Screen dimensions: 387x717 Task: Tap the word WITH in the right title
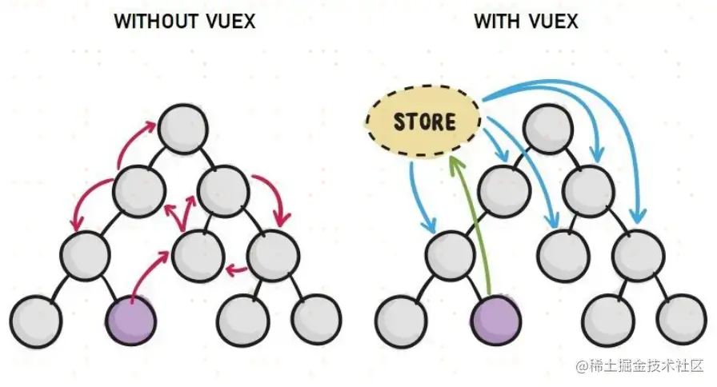495,21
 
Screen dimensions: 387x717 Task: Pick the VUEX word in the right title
552,21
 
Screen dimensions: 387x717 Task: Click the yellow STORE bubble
423,122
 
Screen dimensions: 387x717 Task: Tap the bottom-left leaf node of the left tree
37,321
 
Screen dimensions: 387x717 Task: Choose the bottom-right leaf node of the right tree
680,320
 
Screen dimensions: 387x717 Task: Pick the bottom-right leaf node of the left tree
317,320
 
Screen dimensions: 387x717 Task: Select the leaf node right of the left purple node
242,320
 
